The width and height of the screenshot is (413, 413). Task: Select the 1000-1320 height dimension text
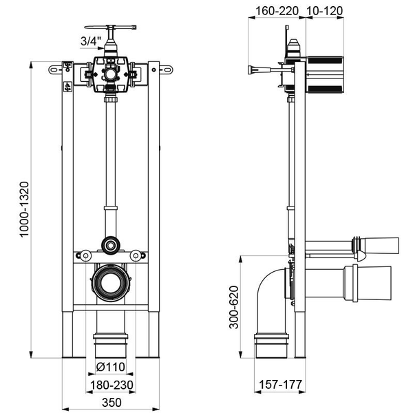click(25, 209)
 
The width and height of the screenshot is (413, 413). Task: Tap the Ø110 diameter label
click(109, 366)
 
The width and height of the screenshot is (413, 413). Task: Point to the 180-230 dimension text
click(110, 384)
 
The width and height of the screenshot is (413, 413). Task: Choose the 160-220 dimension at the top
click(274, 11)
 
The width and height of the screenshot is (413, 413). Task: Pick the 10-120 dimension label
click(324, 11)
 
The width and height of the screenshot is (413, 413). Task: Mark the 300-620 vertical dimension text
click(234, 307)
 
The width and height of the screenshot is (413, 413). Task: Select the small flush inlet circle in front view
click(110, 244)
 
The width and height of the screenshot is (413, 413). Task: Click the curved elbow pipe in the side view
click(270, 296)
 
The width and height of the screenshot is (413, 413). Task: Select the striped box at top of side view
click(324, 73)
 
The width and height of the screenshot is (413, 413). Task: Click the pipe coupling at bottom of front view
click(110, 342)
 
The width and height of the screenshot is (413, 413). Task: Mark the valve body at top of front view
click(110, 74)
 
